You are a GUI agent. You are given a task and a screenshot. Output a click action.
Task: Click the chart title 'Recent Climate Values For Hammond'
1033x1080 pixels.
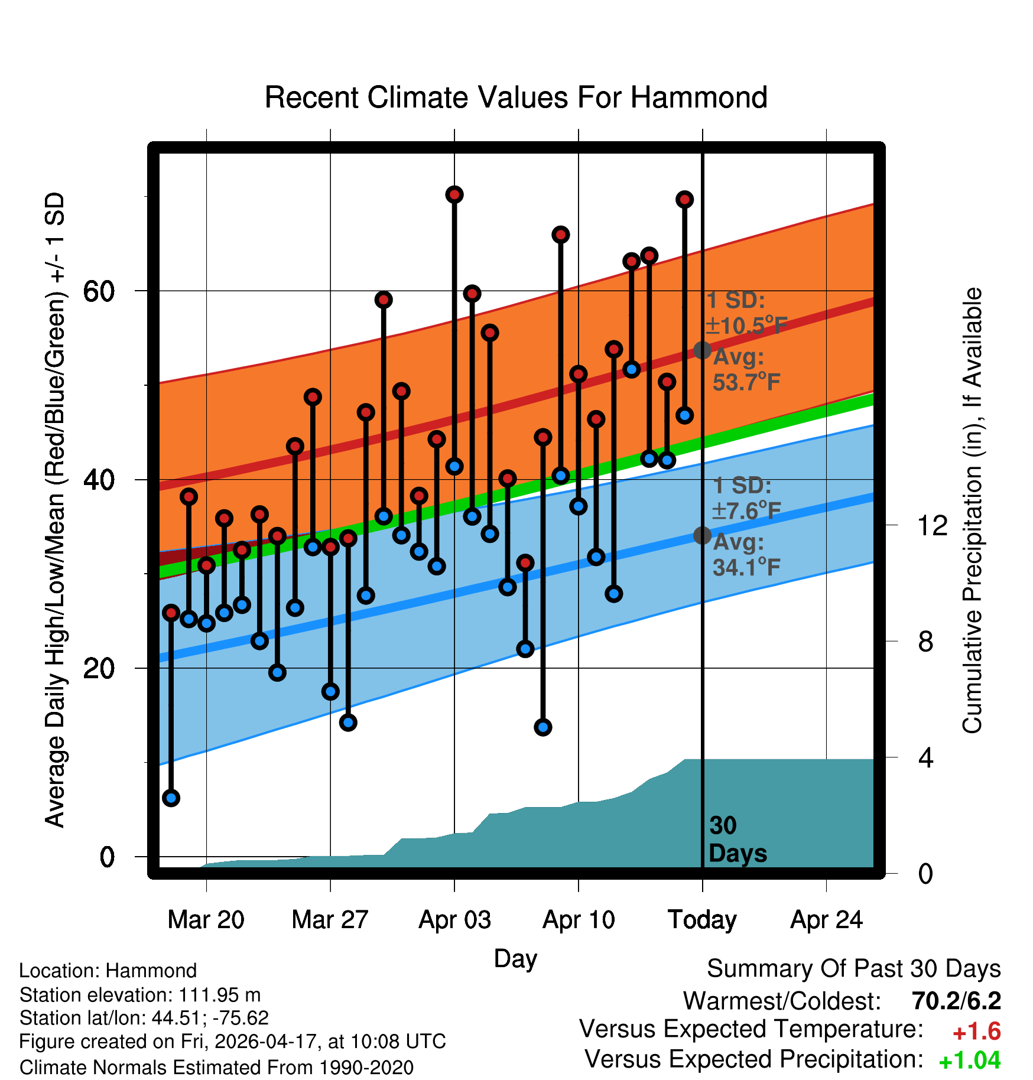pyautogui.click(x=516, y=97)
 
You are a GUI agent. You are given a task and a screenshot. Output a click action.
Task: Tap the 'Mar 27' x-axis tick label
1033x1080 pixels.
pyautogui.click(x=330, y=920)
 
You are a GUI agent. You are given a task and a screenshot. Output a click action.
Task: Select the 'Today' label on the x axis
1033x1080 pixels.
pyautogui.click(x=702, y=920)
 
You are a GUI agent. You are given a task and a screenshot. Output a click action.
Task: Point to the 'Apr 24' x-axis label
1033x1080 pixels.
pyautogui.click(x=827, y=920)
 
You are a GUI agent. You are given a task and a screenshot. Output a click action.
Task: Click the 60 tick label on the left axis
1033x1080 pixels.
pyautogui.click(x=99, y=291)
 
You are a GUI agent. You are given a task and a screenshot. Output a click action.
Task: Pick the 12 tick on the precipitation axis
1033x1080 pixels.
pyautogui.click(x=932, y=525)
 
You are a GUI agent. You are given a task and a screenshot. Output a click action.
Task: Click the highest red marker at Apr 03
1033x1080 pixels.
pyautogui.click(x=454, y=194)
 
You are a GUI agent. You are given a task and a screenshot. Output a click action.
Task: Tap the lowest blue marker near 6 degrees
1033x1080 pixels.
pyautogui.click(x=171, y=798)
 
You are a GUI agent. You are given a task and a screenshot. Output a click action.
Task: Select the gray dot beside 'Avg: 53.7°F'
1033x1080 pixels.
pyautogui.click(x=702, y=350)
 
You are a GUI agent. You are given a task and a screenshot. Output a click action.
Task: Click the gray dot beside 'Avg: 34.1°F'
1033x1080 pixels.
pyautogui.click(x=702, y=535)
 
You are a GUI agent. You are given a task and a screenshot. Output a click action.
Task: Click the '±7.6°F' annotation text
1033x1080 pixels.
pyautogui.click(x=746, y=511)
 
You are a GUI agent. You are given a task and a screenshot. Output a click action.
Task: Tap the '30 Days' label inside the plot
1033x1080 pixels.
pyautogui.click(x=738, y=840)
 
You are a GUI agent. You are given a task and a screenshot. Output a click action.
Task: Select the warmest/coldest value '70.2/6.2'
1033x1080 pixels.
pyautogui.click(x=956, y=1001)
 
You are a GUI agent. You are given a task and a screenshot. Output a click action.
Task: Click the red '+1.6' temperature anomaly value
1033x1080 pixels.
pyautogui.click(x=977, y=1032)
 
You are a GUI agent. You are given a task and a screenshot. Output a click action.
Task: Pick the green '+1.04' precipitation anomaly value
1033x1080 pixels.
pyautogui.click(x=970, y=1061)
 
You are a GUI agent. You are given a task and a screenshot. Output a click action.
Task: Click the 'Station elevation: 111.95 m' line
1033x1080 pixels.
pyautogui.click(x=140, y=995)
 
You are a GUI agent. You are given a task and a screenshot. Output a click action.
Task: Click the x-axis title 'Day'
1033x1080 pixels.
pyautogui.click(x=515, y=959)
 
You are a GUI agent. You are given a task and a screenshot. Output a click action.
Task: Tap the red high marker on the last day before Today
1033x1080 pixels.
pyautogui.click(x=685, y=200)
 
